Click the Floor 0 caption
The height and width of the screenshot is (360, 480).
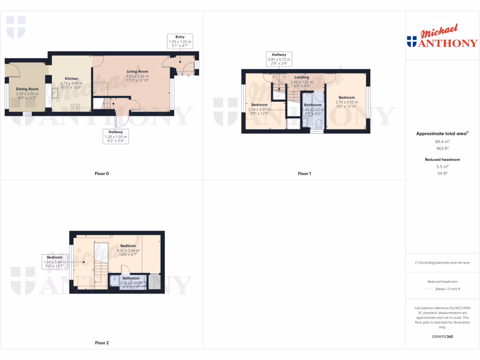(x=101, y=173)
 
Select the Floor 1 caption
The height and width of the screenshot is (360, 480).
(x=304, y=173)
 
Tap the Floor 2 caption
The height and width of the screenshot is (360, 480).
(x=102, y=343)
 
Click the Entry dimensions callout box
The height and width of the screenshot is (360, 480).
(x=180, y=42)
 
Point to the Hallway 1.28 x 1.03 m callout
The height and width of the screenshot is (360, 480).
(x=115, y=136)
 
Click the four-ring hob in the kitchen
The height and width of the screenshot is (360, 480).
(x=75, y=107)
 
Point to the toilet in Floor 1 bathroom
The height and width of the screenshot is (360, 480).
(x=318, y=124)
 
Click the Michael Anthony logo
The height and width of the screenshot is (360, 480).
(x=442, y=38)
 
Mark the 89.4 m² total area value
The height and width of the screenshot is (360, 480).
(x=442, y=141)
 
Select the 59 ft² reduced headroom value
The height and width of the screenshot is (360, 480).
(x=442, y=173)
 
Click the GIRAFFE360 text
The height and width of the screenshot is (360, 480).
(x=442, y=337)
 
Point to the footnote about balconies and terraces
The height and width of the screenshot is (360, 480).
(x=442, y=262)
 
